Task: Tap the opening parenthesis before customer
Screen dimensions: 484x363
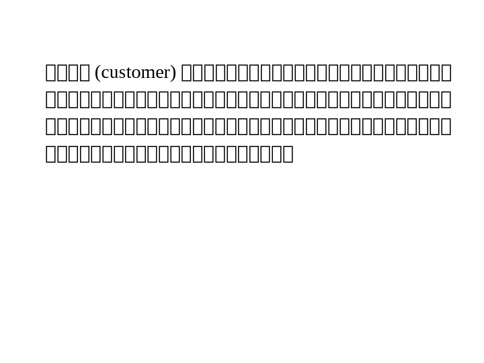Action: (x=98, y=73)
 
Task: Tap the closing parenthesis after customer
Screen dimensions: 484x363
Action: (x=174, y=73)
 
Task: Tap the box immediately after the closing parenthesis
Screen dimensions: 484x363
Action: (x=187, y=73)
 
